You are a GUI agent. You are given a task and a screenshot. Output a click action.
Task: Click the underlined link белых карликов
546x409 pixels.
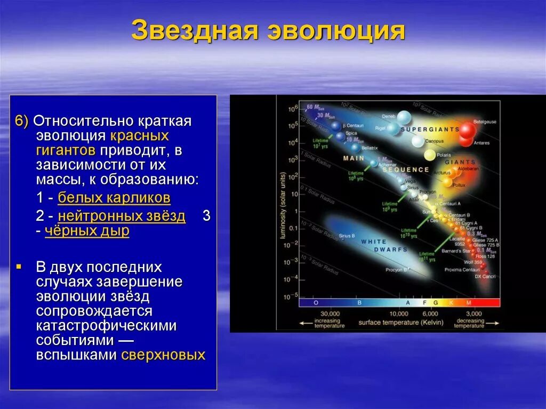114,198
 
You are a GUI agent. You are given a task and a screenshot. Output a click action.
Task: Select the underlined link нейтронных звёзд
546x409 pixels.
122,216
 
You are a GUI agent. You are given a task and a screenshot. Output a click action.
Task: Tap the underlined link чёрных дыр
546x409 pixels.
87,231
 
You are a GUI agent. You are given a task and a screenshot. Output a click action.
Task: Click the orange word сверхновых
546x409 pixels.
163,355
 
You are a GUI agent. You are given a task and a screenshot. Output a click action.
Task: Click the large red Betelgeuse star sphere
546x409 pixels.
467,131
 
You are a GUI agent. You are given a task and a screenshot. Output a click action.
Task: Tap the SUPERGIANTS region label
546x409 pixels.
430,129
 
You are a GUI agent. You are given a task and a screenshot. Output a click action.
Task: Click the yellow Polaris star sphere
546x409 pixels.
430,155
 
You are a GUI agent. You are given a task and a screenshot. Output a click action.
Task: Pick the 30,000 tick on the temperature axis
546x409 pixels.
330,314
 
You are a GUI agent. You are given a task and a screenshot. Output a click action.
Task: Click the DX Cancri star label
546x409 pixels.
485,276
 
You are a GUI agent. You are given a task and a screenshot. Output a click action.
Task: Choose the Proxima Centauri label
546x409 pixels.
462,270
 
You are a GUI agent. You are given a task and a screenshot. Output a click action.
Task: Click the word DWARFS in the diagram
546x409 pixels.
391,249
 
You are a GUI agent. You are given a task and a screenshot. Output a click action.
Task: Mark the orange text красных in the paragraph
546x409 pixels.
140,135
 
